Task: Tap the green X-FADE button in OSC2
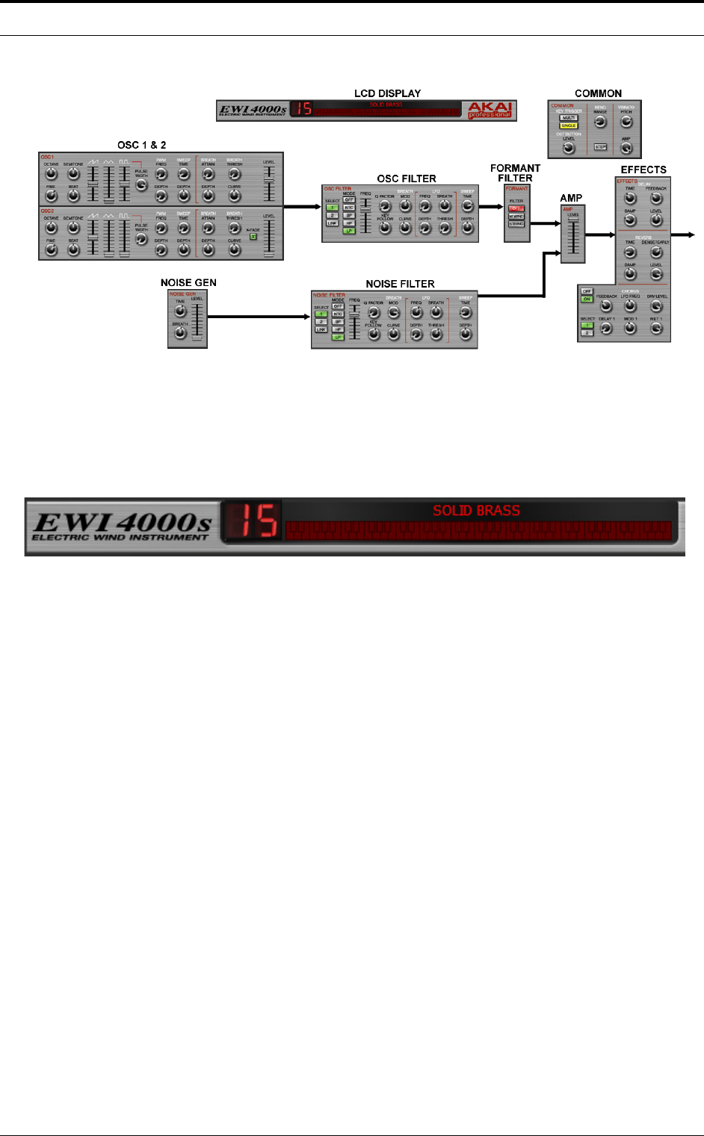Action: (x=253, y=236)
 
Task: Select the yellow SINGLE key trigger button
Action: (x=569, y=125)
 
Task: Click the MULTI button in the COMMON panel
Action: (x=569, y=118)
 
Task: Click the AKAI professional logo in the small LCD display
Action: (x=490, y=111)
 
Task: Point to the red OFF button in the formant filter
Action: (x=516, y=208)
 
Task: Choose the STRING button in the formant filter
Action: (x=516, y=224)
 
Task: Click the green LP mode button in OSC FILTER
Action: (x=349, y=231)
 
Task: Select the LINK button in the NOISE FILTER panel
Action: (x=321, y=329)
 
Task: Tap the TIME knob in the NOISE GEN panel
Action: (x=180, y=311)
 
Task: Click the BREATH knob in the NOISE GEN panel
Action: (x=180, y=333)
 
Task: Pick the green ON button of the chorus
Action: (x=587, y=299)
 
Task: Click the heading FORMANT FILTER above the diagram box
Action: (x=515, y=173)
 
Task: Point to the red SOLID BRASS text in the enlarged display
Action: (x=476, y=511)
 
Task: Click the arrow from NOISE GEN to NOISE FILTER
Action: (x=259, y=317)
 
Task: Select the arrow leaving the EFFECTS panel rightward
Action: (x=683, y=235)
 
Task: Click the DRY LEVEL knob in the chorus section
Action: (x=656, y=306)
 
